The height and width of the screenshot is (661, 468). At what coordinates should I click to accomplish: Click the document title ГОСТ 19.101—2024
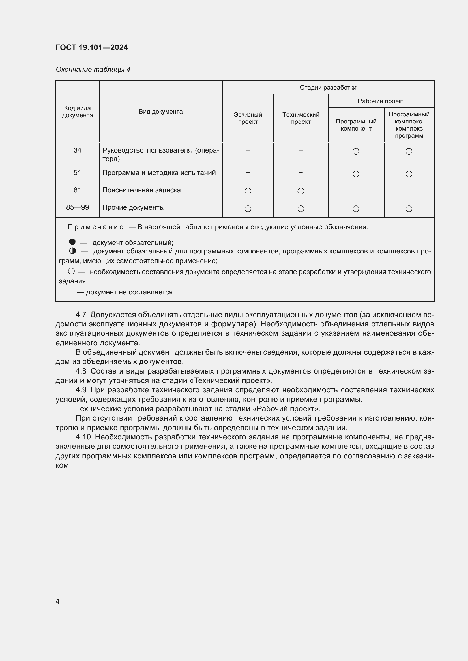[92, 47]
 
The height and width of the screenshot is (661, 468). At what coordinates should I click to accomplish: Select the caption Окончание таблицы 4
[93, 70]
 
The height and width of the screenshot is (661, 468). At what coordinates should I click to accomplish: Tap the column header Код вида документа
[77, 112]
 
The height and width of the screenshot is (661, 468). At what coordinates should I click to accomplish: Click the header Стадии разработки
[328, 88]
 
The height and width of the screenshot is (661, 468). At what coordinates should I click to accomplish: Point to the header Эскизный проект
[248, 118]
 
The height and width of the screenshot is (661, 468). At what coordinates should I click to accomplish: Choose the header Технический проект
[300, 118]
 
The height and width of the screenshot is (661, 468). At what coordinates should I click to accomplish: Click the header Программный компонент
[356, 125]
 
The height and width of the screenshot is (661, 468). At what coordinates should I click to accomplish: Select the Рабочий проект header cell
[381, 101]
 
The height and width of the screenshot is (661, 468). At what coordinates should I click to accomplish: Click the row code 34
[77, 150]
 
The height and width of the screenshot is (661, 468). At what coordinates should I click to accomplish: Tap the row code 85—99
[77, 207]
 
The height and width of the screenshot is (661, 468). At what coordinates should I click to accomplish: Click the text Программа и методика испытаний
[159, 173]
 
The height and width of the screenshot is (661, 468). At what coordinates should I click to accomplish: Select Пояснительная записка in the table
[141, 190]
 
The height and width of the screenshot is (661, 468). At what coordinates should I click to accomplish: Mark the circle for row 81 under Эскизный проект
[248, 191]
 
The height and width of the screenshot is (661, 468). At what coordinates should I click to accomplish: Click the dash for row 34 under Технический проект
[300, 150]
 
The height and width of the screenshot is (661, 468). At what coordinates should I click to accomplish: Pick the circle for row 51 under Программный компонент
[356, 174]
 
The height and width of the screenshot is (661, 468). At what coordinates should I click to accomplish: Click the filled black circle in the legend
[72, 242]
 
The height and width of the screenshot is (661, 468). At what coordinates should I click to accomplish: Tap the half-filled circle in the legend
[72, 251]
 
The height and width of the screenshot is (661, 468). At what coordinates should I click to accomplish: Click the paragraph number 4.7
[81, 315]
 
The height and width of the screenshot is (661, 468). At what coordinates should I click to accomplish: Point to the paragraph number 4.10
[83, 437]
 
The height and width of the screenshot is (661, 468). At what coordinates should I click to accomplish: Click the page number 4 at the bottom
[57, 601]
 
